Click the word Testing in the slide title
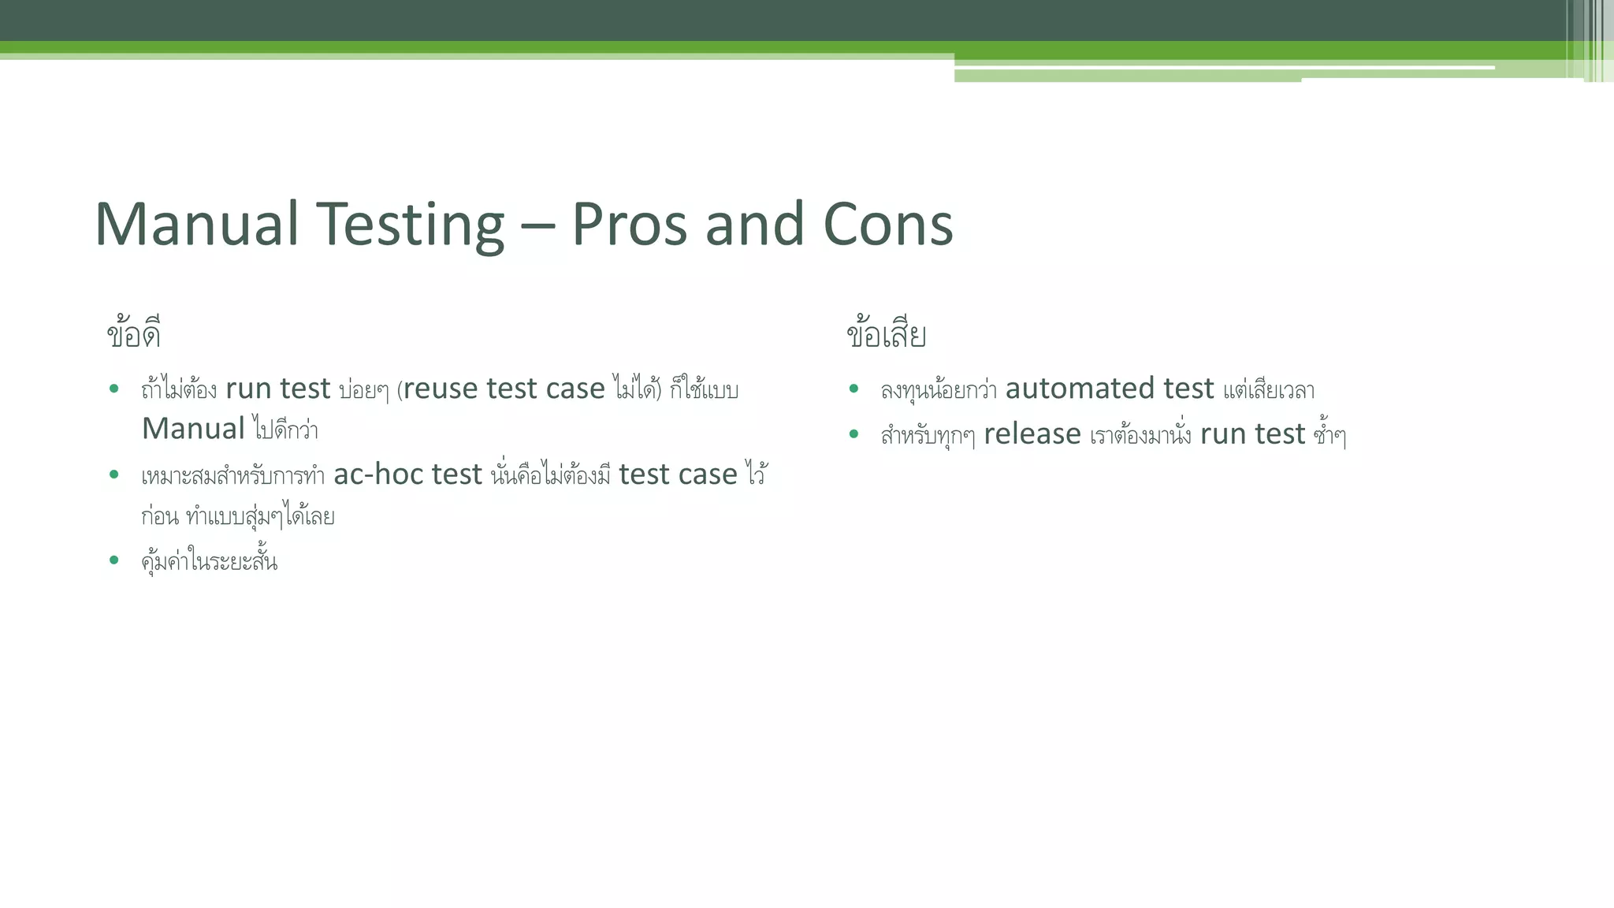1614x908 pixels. [410, 225]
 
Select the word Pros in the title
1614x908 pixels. [629, 225]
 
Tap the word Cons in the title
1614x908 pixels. [887, 225]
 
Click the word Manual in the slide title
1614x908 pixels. [196, 225]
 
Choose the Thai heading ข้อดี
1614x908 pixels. [134, 334]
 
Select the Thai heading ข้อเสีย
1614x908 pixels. [886, 334]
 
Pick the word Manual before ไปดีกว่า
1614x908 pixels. [193, 430]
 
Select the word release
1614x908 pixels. [1032, 434]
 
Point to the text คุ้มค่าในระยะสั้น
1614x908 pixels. [210, 562]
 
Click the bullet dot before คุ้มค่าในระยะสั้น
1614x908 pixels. [114, 560]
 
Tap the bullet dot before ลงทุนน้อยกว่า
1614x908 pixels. [853, 389]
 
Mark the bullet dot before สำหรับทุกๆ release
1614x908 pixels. [853, 434]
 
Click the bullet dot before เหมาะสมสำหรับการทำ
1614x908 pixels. [114, 474]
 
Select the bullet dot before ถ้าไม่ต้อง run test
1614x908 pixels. [114, 389]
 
